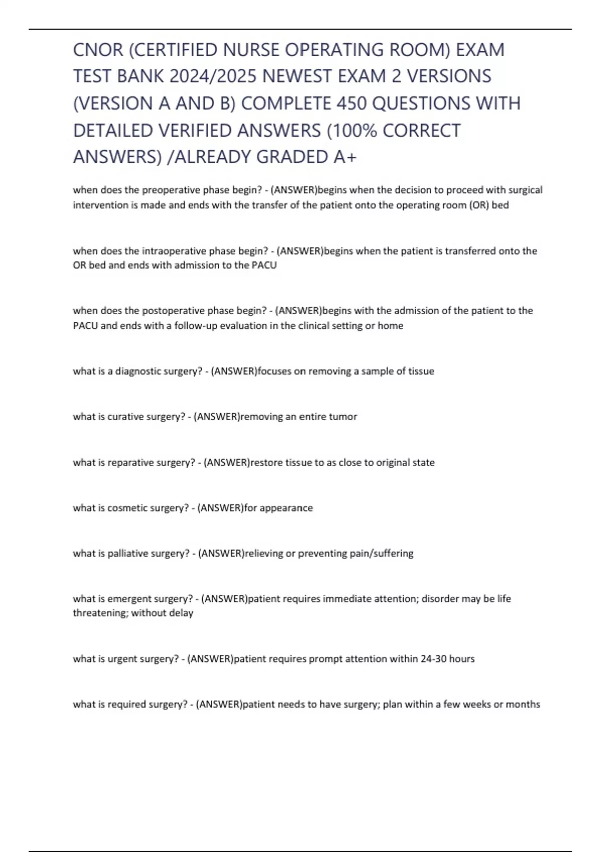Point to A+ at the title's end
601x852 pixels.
click(345, 157)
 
